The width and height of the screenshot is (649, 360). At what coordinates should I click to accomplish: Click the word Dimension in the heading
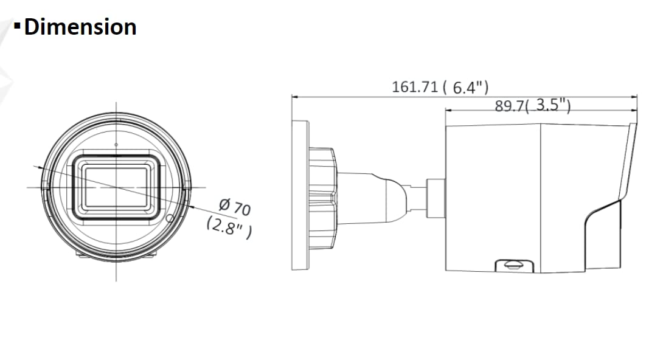coord(80,27)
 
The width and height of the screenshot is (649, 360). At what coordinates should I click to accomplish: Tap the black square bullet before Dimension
coord(17,26)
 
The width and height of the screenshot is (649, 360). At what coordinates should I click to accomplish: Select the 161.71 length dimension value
coord(415,87)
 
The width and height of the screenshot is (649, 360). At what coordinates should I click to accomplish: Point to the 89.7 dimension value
coord(509,106)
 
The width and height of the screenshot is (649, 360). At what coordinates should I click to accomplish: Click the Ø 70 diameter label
coord(234,207)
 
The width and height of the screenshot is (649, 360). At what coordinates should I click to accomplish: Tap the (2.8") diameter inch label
coord(229,227)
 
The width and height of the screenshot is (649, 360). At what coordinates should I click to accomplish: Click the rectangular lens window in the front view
coord(116,187)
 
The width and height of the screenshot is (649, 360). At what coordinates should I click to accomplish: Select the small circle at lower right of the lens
coord(170,218)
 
